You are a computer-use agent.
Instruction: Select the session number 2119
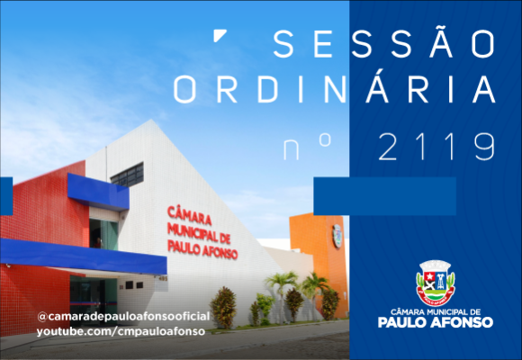436,147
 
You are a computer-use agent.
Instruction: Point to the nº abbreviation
307,147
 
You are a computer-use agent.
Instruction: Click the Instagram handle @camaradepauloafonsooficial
123,317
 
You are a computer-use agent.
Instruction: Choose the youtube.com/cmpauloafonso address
121,331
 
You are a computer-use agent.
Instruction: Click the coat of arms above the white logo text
436,283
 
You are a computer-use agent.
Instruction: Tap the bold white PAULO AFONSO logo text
436,322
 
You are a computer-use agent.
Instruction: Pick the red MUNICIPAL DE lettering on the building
199,233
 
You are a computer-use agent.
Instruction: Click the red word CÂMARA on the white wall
189,215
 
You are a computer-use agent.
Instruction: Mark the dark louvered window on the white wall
127,175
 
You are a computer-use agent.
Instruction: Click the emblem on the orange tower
337,236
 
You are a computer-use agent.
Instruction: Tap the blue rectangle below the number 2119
385,196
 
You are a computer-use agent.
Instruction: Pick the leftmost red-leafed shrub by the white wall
224,308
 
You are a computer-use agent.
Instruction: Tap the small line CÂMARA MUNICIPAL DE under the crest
436,312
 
